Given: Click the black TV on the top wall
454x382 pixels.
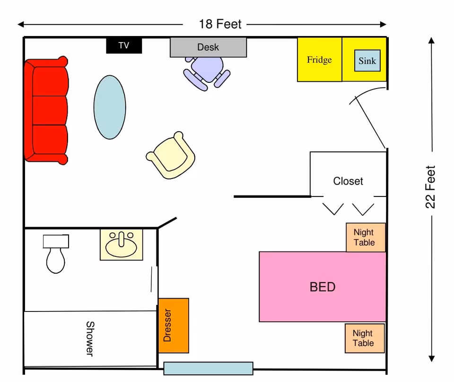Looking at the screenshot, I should point(124,45).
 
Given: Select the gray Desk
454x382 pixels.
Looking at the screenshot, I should point(208,47).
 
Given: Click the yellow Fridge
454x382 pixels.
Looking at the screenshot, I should point(319,60).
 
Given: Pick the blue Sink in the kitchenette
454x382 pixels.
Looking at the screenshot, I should point(367,61).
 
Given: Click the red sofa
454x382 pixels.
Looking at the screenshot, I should point(46,110).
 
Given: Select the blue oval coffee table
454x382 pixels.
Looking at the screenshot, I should point(110,107).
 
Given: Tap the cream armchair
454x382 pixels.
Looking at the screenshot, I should point(171,156).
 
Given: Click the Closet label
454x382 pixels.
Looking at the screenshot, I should point(348,181).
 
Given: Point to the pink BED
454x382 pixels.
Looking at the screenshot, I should point(323,287).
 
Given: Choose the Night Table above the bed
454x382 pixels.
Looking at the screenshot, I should point(366,237).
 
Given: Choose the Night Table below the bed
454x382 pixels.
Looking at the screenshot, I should point(364,338).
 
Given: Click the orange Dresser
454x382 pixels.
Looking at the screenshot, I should point(174,325).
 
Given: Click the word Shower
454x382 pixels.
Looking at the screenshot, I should point(89,338).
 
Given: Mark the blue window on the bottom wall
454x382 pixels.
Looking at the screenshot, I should point(208,368).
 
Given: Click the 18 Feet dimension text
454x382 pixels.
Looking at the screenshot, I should point(220,24).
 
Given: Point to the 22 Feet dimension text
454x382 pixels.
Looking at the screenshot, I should point(431,187).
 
